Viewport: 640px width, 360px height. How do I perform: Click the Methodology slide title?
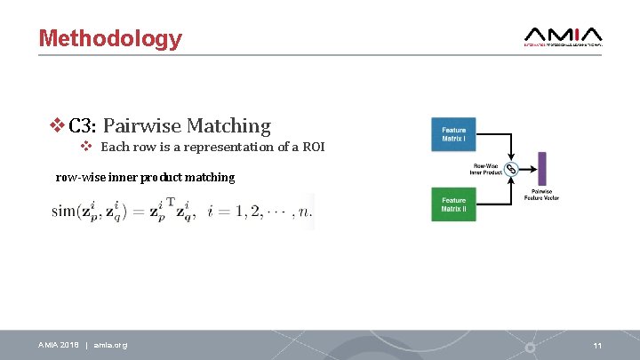pyautogui.click(x=110, y=39)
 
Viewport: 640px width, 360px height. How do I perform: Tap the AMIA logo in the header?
pyautogui.click(x=563, y=36)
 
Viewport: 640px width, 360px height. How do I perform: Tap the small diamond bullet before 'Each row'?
pyautogui.click(x=86, y=147)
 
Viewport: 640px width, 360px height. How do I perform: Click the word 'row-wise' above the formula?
pyautogui.click(x=79, y=177)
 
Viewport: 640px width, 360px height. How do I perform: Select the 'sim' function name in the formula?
pyautogui.click(x=66, y=212)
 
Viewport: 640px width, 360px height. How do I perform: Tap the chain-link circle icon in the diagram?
pyautogui.click(x=511, y=169)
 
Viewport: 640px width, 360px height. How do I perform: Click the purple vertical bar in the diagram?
pyautogui.click(x=541, y=168)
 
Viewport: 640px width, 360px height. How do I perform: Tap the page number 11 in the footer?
pyautogui.click(x=598, y=345)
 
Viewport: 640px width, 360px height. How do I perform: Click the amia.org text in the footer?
pyautogui.click(x=110, y=345)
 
